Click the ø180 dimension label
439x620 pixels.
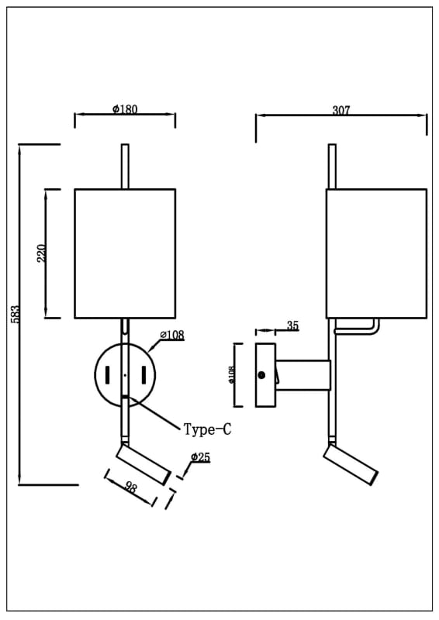(125, 108)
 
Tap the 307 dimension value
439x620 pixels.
(341, 110)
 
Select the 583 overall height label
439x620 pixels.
(15, 314)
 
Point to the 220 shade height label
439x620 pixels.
(41, 253)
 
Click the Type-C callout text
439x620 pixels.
(207, 429)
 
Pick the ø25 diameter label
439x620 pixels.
(200, 457)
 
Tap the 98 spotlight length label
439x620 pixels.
(130, 487)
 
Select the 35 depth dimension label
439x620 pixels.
(292, 325)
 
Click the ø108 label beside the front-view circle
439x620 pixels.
(172, 335)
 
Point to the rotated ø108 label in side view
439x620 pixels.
(232, 374)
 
